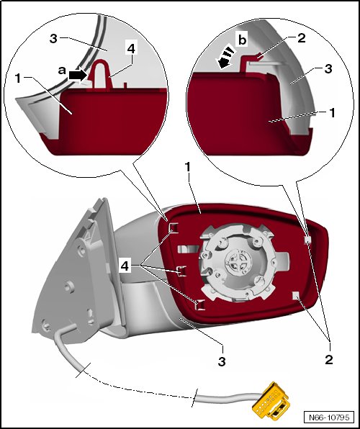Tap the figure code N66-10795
(330, 417)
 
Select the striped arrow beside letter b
(227, 58)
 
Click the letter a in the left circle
(62, 71)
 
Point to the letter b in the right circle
(243, 40)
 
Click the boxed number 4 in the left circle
(131, 49)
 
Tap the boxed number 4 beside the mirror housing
(125, 266)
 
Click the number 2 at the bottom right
(329, 359)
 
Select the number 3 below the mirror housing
(222, 361)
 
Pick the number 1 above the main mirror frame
(187, 167)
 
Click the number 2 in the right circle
(301, 37)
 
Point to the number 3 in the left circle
(54, 39)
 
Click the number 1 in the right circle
(332, 113)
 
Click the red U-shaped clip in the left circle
(101, 73)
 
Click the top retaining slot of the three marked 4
(174, 227)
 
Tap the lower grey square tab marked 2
(297, 295)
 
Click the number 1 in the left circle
(18, 78)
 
